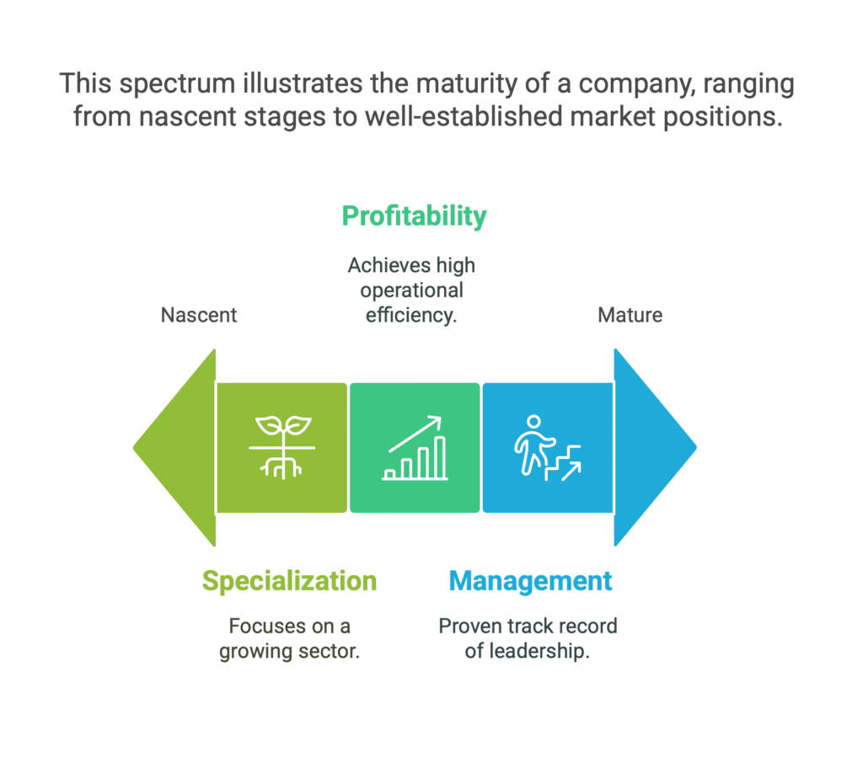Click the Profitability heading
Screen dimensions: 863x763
tap(414, 216)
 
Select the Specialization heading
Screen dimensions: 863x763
tap(290, 581)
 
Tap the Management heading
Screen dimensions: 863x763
tap(531, 581)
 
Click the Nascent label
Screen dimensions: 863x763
tap(199, 315)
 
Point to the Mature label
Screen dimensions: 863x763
tap(630, 315)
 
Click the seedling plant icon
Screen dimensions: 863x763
tap(282, 447)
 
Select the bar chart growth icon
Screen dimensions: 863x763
tap(415, 448)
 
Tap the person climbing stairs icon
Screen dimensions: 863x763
tap(548, 448)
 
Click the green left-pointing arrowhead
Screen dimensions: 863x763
tap(174, 447)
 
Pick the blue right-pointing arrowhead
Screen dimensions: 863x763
tap(655, 447)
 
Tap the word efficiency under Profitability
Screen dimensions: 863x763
tap(411, 315)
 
